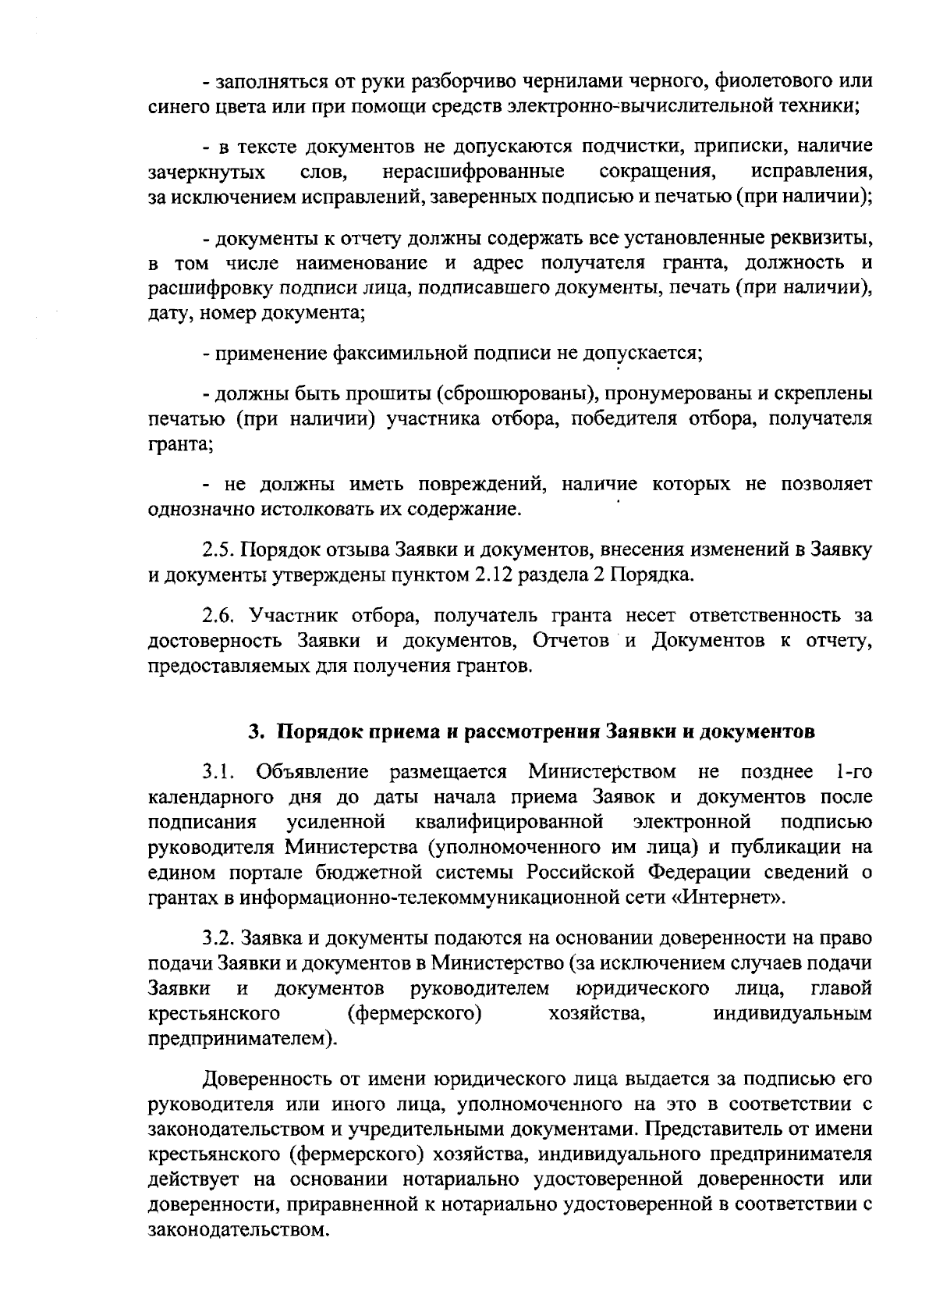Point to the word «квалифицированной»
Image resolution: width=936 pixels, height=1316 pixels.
[510, 822]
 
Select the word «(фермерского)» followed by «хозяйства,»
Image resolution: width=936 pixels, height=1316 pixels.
[413, 1014]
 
